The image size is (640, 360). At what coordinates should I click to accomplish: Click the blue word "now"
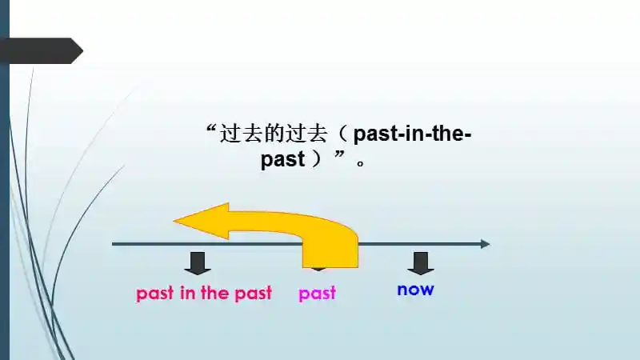click(x=415, y=290)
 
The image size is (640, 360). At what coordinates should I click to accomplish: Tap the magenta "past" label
click(x=318, y=294)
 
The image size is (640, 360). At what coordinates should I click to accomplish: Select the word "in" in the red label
click(x=188, y=293)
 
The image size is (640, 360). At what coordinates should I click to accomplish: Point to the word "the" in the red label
click(x=214, y=293)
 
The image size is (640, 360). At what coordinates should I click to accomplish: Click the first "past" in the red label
click(x=154, y=294)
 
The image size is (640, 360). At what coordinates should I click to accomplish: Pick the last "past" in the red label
click(x=253, y=294)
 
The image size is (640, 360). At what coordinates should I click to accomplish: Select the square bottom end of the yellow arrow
click(x=330, y=259)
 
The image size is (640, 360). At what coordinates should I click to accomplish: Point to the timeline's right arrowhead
click(x=485, y=243)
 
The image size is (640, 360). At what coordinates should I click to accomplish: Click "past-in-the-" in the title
click(x=412, y=134)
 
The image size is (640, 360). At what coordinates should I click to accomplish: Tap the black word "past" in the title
click(x=283, y=159)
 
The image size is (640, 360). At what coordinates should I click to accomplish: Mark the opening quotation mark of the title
click(x=212, y=129)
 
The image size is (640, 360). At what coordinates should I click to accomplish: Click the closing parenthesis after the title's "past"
click(x=318, y=159)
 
